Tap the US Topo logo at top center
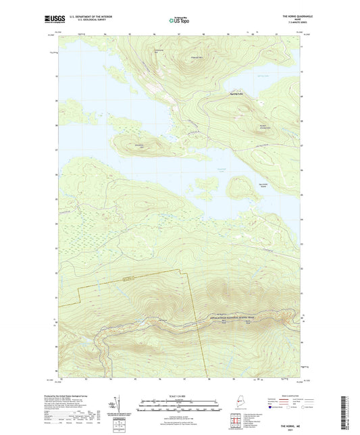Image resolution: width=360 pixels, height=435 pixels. [180, 20]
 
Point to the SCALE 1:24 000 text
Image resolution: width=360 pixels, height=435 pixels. [180, 395]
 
